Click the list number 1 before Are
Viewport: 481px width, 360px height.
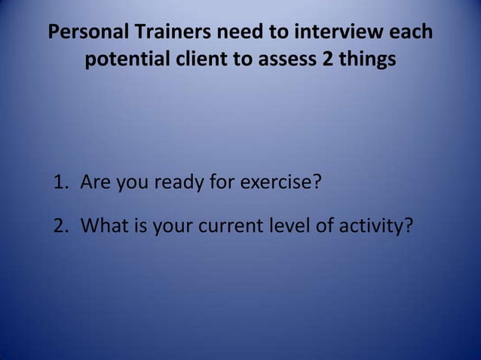60,182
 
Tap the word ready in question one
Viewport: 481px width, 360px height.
175,183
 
